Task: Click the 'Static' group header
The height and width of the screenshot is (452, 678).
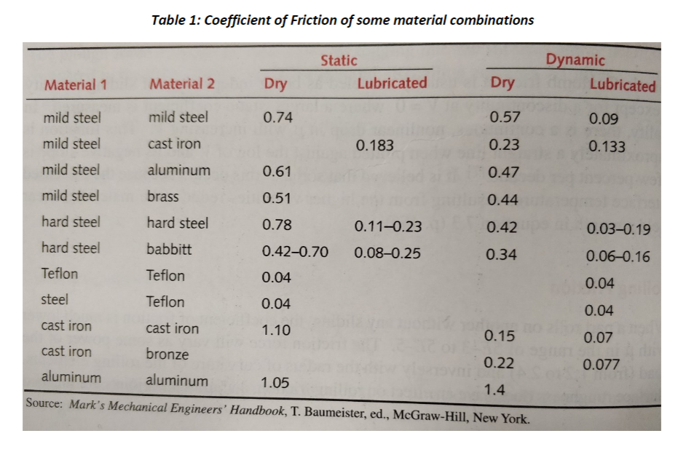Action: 339,60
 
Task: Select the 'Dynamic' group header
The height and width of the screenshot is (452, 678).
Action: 575,60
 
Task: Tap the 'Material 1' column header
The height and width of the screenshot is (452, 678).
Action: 76,84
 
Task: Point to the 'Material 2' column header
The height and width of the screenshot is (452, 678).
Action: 182,84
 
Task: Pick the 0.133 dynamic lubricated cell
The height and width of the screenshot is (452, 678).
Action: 607,147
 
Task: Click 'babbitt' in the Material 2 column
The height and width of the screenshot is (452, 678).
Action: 170,250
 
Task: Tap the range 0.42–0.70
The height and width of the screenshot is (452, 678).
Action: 295,253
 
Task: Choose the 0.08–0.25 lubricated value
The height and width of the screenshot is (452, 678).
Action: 387,253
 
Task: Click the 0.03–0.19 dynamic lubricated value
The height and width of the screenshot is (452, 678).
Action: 618,229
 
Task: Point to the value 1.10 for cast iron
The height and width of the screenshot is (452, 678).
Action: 277,330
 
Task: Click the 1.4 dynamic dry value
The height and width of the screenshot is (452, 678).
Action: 495,390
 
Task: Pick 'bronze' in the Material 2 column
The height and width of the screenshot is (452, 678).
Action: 167,354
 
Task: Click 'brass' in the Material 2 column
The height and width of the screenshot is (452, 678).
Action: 163,196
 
